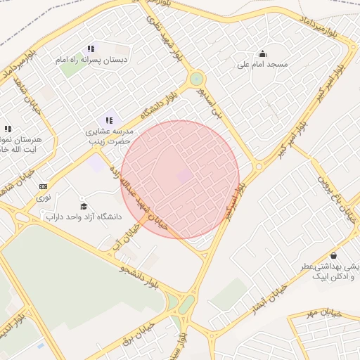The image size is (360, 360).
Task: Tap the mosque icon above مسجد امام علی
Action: (263, 53)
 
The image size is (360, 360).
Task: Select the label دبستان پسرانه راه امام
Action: (92, 60)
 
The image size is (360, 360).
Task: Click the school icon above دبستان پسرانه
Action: (91, 49)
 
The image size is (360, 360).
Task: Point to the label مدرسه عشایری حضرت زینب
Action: (109, 136)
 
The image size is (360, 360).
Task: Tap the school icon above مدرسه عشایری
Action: (109, 121)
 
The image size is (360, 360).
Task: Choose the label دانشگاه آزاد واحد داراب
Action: (84, 217)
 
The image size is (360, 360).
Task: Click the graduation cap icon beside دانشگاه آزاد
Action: (84, 206)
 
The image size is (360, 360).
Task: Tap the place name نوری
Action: (44, 198)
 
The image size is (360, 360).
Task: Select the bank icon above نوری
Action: (44, 186)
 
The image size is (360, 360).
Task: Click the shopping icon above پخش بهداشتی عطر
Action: (333, 255)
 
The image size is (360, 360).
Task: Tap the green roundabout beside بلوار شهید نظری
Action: (197, 79)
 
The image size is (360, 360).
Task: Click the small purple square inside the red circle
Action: (184, 176)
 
